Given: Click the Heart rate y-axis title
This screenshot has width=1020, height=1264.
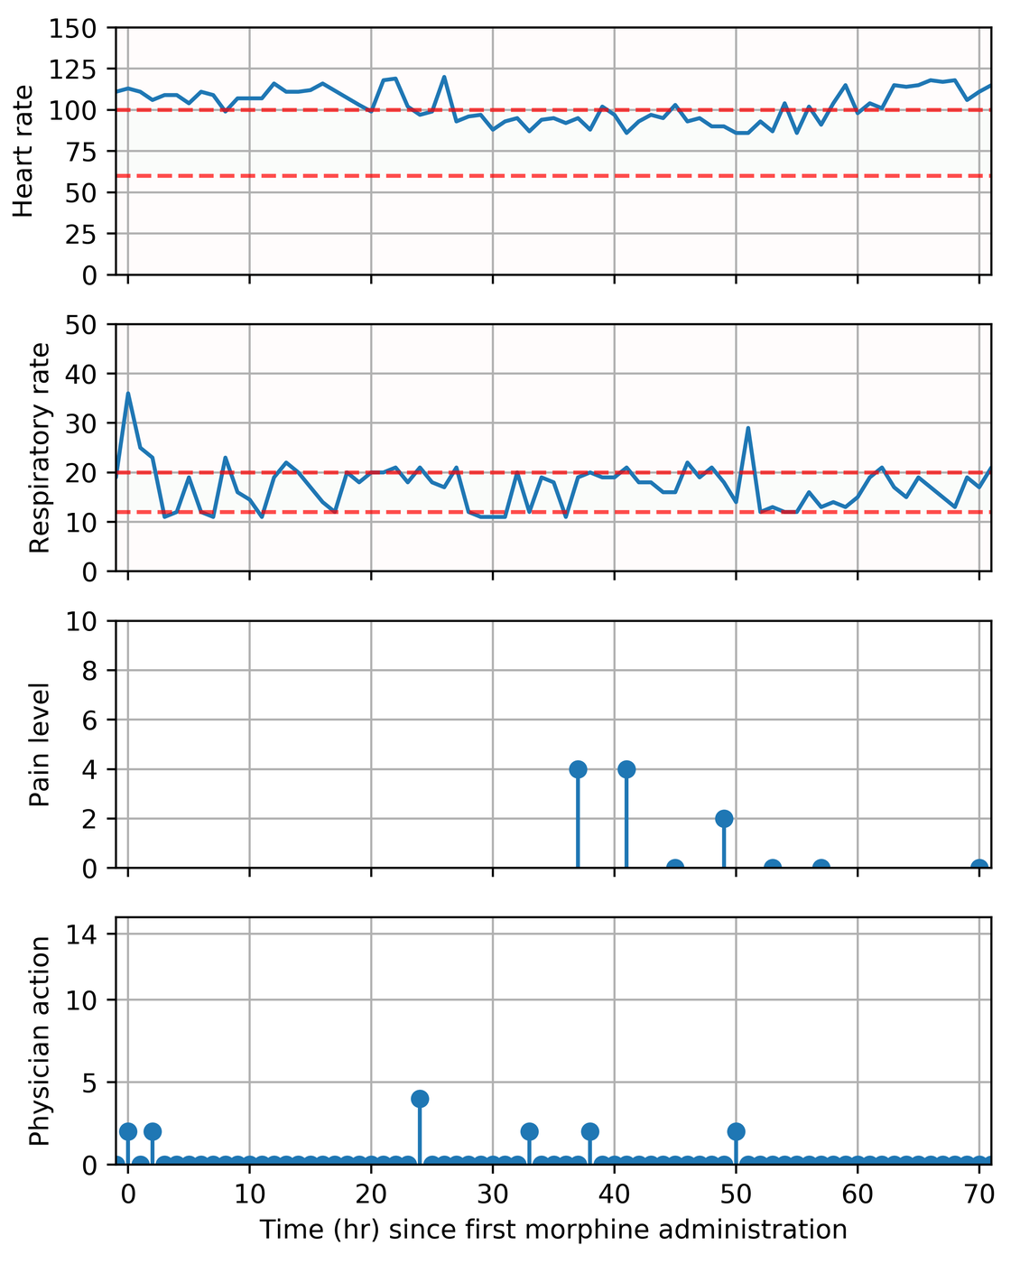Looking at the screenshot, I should tap(25, 152).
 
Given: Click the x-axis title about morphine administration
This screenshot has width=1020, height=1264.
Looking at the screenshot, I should tap(553, 1230).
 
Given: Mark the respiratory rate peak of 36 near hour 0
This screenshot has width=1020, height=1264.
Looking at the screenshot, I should tap(128, 393).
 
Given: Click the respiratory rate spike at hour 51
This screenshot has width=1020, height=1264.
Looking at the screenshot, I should tap(748, 428).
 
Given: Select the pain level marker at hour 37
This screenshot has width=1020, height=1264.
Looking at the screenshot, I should tap(579, 769).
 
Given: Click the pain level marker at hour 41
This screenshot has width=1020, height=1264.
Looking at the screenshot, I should tap(626, 769).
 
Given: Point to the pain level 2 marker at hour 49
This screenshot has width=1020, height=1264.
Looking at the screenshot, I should tap(724, 819).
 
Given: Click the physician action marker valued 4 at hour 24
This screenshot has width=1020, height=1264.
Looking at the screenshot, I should tap(420, 1099).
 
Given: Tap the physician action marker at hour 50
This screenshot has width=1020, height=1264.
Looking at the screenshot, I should tap(737, 1131).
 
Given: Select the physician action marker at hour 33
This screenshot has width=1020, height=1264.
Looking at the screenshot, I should tap(530, 1131).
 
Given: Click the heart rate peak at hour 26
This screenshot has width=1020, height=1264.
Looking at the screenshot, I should tap(444, 77).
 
